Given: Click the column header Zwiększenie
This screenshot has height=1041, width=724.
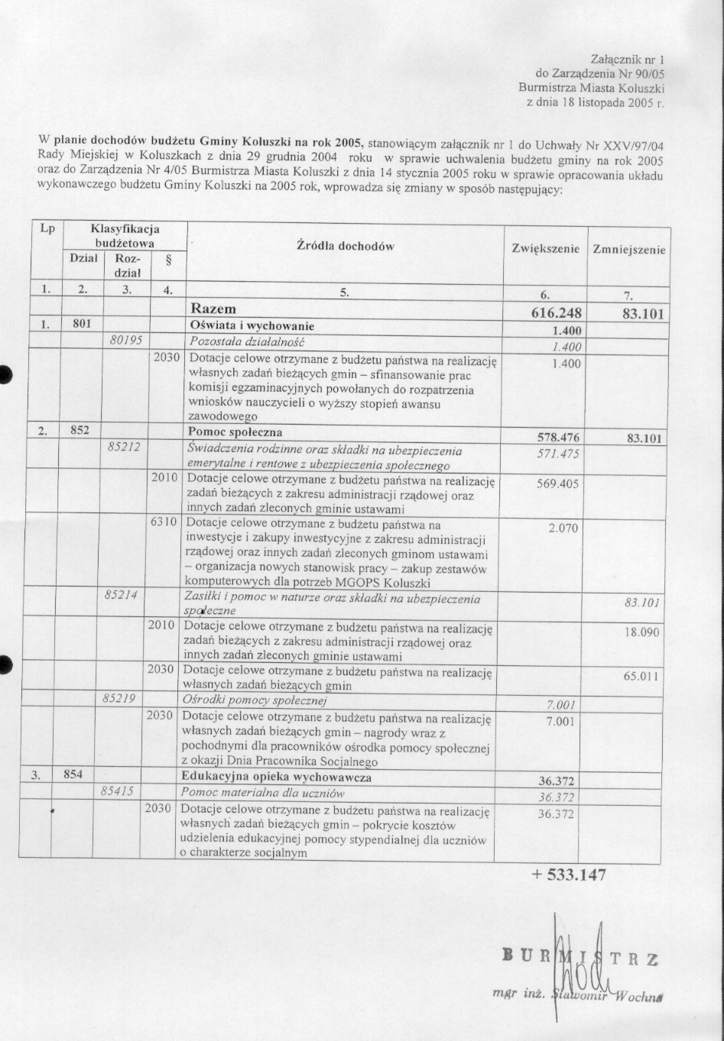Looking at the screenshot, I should [545, 250].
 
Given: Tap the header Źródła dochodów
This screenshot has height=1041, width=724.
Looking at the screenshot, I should [344, 246].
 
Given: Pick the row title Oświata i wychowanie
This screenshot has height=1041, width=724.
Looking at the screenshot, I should [252, 326].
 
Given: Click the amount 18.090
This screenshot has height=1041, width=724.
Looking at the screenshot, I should [641, 632].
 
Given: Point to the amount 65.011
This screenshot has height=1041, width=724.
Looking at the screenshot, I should [641, 676].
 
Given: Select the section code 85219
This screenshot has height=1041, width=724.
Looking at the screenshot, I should [120, 698].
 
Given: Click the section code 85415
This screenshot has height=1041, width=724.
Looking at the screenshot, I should [118, 791].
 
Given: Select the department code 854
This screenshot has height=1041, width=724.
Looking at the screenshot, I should [73, 775].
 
